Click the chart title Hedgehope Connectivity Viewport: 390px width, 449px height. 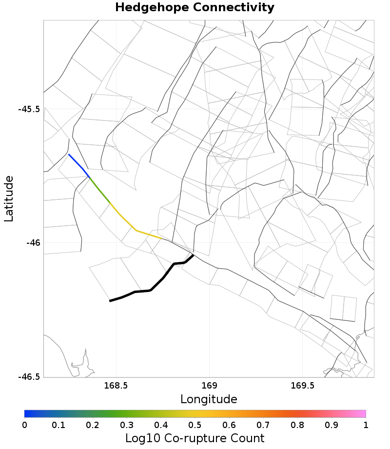click(x=195, y=8)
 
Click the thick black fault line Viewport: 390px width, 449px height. click(x=151, y=290)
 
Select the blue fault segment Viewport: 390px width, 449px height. click(x=78, y=166)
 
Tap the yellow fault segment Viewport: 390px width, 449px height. click(x=136, y=231)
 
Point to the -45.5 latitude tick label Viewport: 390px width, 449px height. click(x=28, y=109)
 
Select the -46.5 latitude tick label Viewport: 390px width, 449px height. click(x=28, y=377)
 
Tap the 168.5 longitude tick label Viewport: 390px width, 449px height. click(x=116, y=386)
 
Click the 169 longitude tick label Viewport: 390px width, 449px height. click(x=209, y=386)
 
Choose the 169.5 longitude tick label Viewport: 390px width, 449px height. click(x=302, y=386)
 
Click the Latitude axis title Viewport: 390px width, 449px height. click(x=9, y=199)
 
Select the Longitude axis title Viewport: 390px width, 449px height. click(x=209, y=399)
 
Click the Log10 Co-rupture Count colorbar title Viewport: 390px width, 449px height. click(x=195, y=438)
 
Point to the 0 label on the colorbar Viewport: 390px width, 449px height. click(x=24, y=425)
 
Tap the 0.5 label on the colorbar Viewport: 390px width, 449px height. click(x=195, y=425)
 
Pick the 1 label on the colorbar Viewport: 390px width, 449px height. click(x=366, y=425)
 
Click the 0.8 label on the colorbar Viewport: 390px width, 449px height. click(x=297, y=425)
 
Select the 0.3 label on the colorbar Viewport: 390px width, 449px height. click(x=127, y=425)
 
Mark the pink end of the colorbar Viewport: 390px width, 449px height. click(x=363, y=413)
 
